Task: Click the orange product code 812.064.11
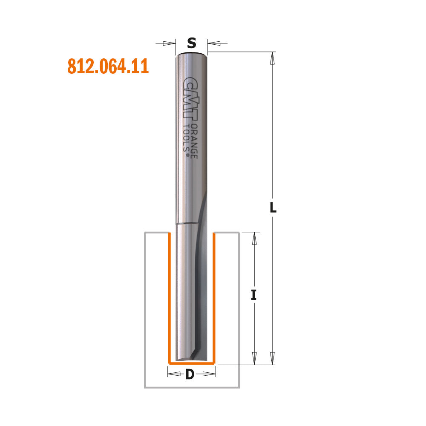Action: tap(108, 66)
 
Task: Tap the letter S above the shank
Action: tap(192, 43)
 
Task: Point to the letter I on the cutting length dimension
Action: tap(254, 295)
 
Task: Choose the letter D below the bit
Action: tap(190, 374)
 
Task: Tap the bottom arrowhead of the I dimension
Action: tap(254, 357)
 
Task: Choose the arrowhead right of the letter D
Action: tap(208, 374)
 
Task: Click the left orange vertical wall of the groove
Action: tap(169, 298)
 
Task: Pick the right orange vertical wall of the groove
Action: tap(214, 298)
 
